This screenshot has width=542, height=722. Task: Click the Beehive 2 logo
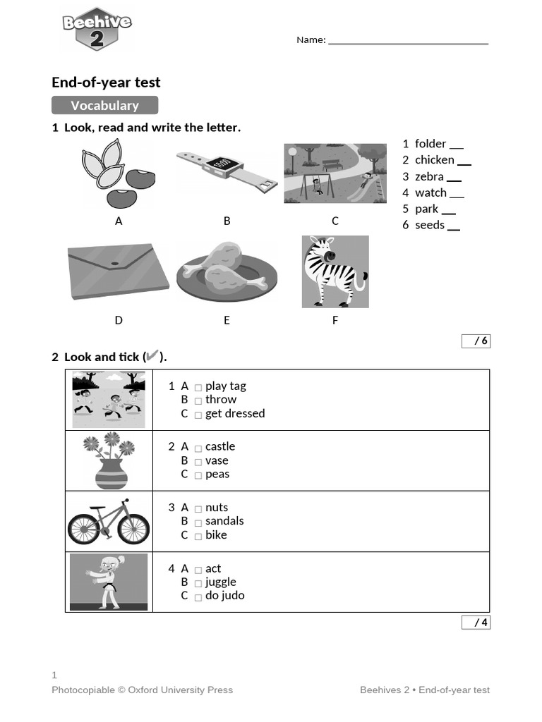(x=97, y=29)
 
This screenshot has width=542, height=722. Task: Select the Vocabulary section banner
(x=104, y=106)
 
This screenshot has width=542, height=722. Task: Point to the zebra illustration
(x=335, y=272)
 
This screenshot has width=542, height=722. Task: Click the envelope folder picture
(x=118, y=271)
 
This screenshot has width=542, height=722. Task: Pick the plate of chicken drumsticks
(x=226, y=272)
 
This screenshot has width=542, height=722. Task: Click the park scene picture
(x=335, y=173)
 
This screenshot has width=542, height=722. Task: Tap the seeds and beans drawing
(x=119, y=173)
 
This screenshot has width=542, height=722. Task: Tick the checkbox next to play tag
(x=198, y=387)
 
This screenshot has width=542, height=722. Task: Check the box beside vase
(x=198, y=462)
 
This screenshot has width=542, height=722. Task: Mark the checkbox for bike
(x=198, y=536)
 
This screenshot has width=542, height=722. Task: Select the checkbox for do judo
(x=198, y=597)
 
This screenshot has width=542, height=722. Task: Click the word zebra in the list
(x=429, y=176)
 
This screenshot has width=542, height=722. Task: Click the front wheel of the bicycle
(x=133, y=528)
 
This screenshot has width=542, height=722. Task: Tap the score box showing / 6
(x=476, y=341)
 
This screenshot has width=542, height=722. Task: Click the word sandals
(x=224, y=521)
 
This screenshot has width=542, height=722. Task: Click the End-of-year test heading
(x=106, y=82)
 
